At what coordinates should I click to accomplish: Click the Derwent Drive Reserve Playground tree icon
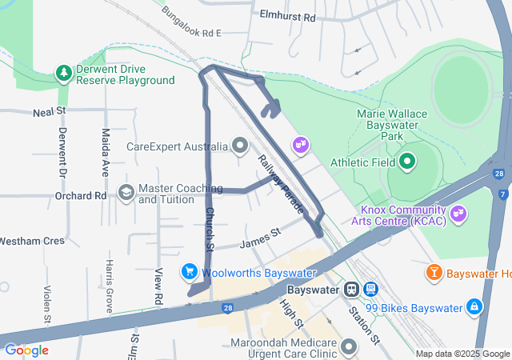tap(63, 74)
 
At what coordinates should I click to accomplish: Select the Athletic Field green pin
tap(407, 162)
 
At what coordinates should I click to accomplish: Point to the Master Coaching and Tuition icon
tap(126, 193)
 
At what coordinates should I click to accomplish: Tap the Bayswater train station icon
tap(351, 290)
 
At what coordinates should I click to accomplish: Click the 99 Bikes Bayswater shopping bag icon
tap(474, 307)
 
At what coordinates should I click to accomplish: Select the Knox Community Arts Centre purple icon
tap(458, 214)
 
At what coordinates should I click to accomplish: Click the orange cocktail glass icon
tap(434, 273)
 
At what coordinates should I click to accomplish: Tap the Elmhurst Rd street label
tap(288, 16)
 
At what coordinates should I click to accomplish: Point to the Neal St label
tap(49, 113)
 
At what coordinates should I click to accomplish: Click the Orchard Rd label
tap(81, 195)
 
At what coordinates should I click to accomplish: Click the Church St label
tap(210, 229)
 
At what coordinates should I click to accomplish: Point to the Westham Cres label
tap(31, 240)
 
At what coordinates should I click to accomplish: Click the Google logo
tap(26, 350)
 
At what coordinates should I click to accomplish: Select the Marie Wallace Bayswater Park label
tap(392, 126)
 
